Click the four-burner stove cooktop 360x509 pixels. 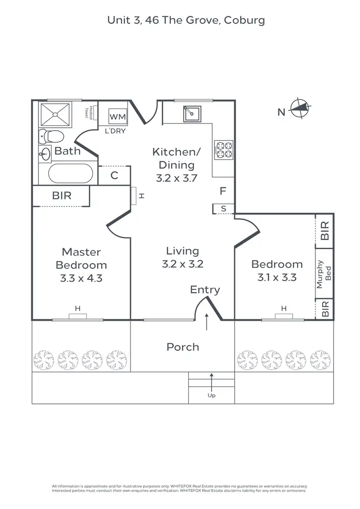coord(223,149)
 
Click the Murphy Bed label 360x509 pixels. coord(324,274)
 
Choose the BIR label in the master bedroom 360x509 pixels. coord(62,196)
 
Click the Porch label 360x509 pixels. coord(182,347)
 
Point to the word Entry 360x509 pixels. coord(205,290)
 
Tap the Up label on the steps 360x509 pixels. coord(211,396)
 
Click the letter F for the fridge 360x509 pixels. coord(222,191)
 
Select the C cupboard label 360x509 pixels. coord(114,175)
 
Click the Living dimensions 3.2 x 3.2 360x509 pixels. coord(182,264)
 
